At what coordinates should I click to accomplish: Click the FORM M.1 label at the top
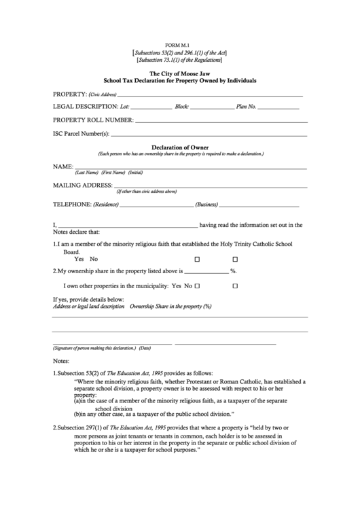(x=179, y=43)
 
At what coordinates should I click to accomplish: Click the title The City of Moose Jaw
(x=179, y=73)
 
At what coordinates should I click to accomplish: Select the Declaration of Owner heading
(x=179, y=147)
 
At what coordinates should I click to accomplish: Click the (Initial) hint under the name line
(x=136, y=172)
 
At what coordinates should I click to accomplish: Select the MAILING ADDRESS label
(x=82, y=185)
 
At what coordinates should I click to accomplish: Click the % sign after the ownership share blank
(x=233, y=270)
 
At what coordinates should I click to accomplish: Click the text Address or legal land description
(x=88, y=306)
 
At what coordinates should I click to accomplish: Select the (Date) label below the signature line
(x=145, y=348)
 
